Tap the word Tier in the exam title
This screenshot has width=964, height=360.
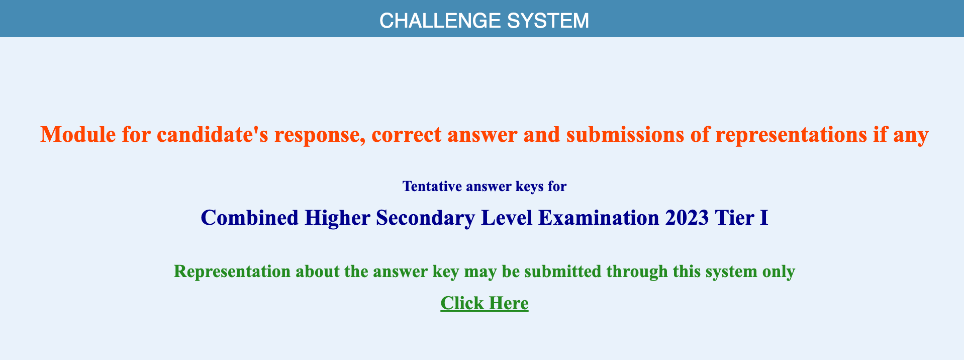[x=734, y=218]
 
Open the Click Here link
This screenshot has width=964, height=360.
[x=485, y=303]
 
